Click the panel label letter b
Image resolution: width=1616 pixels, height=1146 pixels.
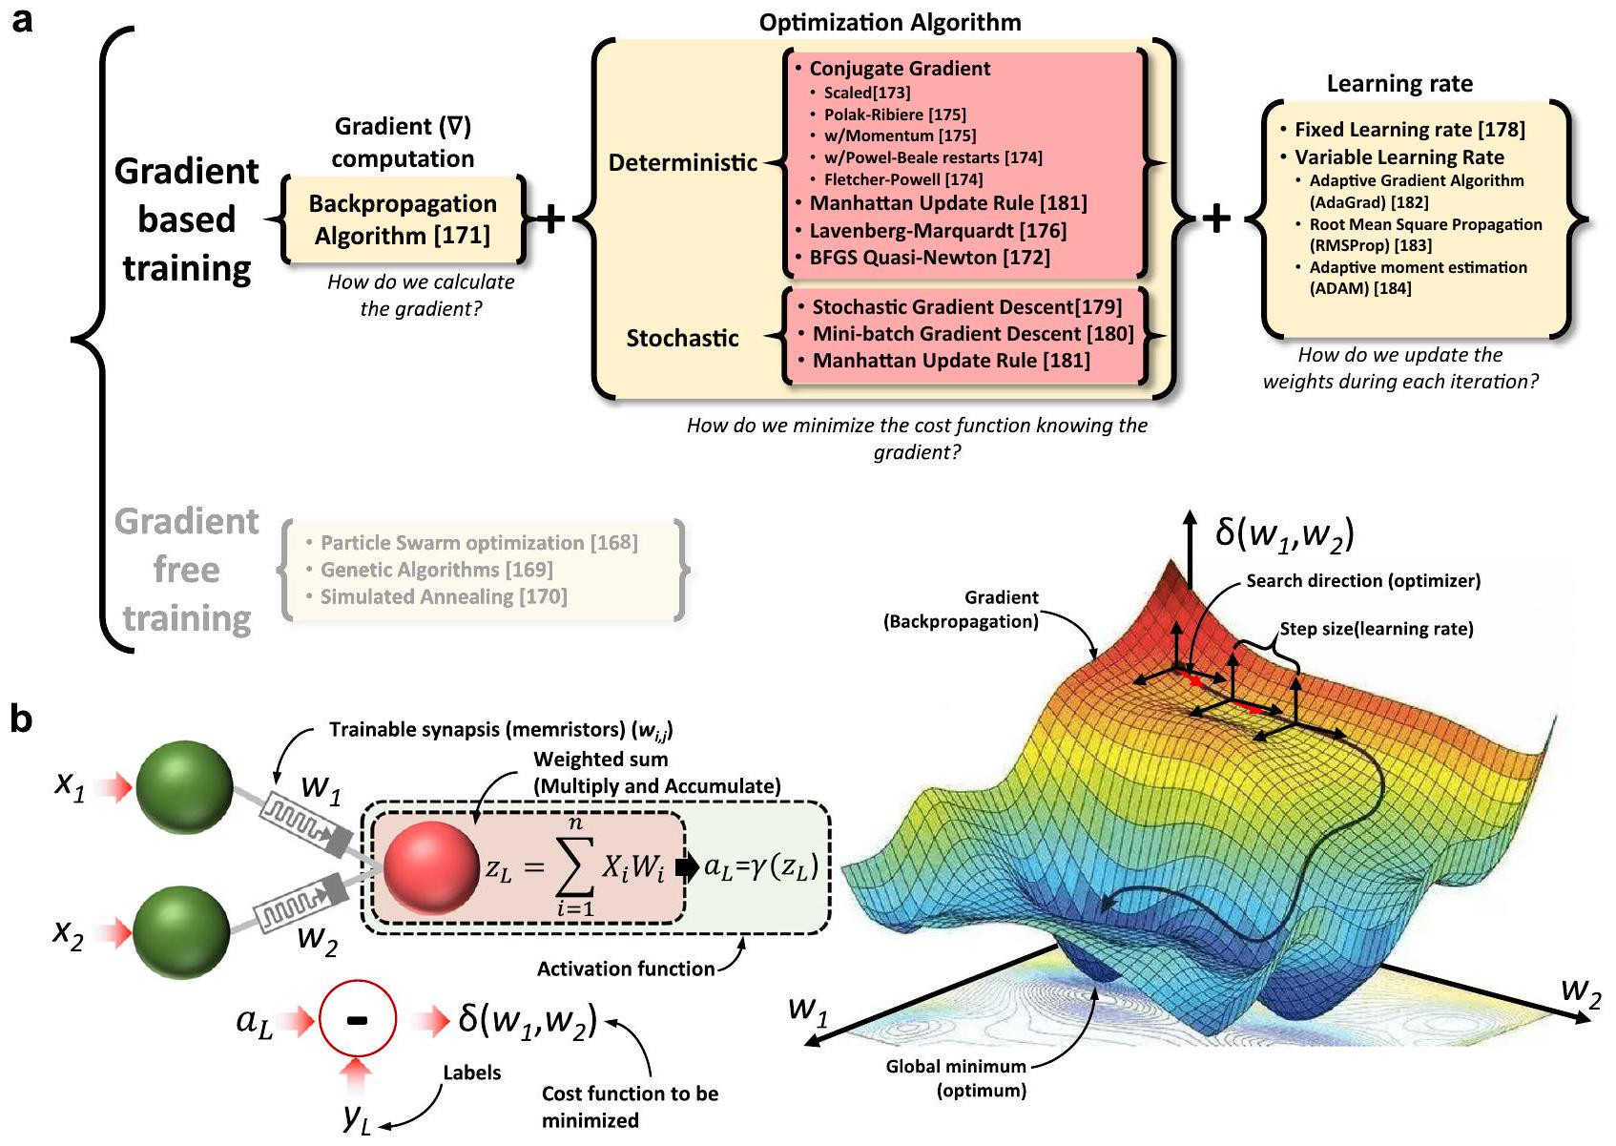[21, 719]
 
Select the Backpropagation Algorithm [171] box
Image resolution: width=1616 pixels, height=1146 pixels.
[403, 219]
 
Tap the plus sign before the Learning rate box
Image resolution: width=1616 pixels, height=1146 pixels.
[1216, 219]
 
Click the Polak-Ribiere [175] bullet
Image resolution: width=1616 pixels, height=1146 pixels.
[895, 115]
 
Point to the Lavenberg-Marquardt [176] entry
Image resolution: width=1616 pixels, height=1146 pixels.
[938, 230]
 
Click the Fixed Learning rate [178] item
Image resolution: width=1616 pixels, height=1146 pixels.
[1409, 130]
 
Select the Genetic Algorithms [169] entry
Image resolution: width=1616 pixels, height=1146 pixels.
[436, 570]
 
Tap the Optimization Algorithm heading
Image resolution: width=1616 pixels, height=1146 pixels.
[889, 22]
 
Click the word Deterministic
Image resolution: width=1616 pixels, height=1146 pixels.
[683, 163]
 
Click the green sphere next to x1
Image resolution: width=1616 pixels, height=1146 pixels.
[184, 788]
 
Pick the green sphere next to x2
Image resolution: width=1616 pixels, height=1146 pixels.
[181, 931]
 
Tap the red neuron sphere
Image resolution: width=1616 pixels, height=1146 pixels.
[431, 867]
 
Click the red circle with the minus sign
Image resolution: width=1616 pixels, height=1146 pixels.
[357, 1019]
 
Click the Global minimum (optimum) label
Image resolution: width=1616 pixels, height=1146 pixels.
[956, 1078]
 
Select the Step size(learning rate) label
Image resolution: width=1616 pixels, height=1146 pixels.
[1377, 629]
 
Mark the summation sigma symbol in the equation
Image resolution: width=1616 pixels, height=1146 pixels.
[574, 866]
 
